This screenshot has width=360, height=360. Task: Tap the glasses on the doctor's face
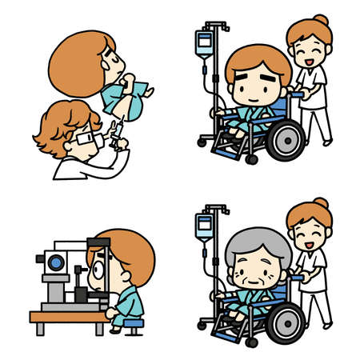tap(86, 141)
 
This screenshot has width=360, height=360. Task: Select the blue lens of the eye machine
tap(55, 262)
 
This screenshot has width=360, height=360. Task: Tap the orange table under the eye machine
tap(68, 317)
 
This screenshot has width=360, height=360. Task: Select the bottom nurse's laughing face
tap(310, 234)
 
